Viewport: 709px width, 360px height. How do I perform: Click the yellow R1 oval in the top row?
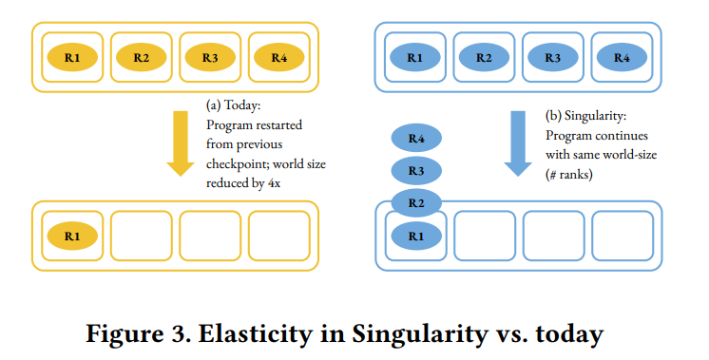(72, 57)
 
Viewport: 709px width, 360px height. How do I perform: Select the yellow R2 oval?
(142, 57)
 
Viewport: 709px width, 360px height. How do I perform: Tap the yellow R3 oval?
(210, 57)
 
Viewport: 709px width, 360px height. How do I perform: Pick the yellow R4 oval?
(278, 57)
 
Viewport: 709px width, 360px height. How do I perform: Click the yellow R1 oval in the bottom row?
(72, 232)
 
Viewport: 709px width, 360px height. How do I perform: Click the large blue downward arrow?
(518, 143)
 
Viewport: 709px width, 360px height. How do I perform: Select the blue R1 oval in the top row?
(415, 57)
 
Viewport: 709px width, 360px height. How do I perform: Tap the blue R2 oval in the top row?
(484, 57)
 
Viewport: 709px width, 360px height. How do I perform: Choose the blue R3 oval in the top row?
(552, 57)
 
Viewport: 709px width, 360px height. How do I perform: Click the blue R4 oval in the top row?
(622, 57)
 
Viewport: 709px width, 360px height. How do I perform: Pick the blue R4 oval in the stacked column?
(415, 140)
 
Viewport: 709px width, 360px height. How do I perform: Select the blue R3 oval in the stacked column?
(415, 171)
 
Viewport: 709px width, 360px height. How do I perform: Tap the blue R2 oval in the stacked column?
(415, 203)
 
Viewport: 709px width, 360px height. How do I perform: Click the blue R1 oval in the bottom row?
(415, 234)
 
